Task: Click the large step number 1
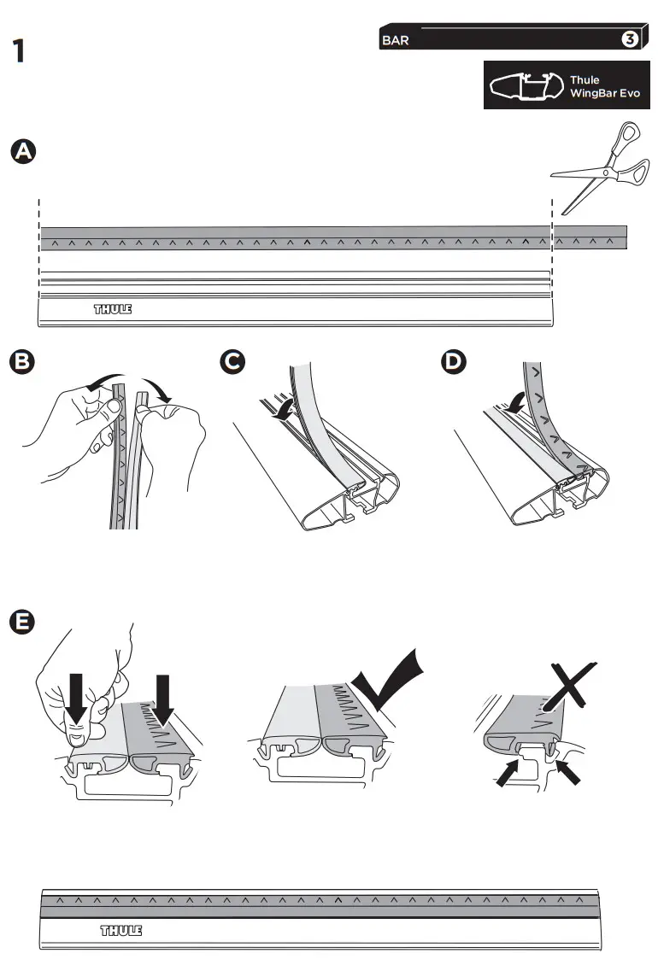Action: coord(19,51)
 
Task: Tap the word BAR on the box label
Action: coord(395,39)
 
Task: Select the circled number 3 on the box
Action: coord(630,39)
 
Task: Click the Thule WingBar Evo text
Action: coord(604,86)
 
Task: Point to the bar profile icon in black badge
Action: coord(523,86)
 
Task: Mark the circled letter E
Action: coord(23,622)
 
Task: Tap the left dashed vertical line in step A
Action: coord(39,256)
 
